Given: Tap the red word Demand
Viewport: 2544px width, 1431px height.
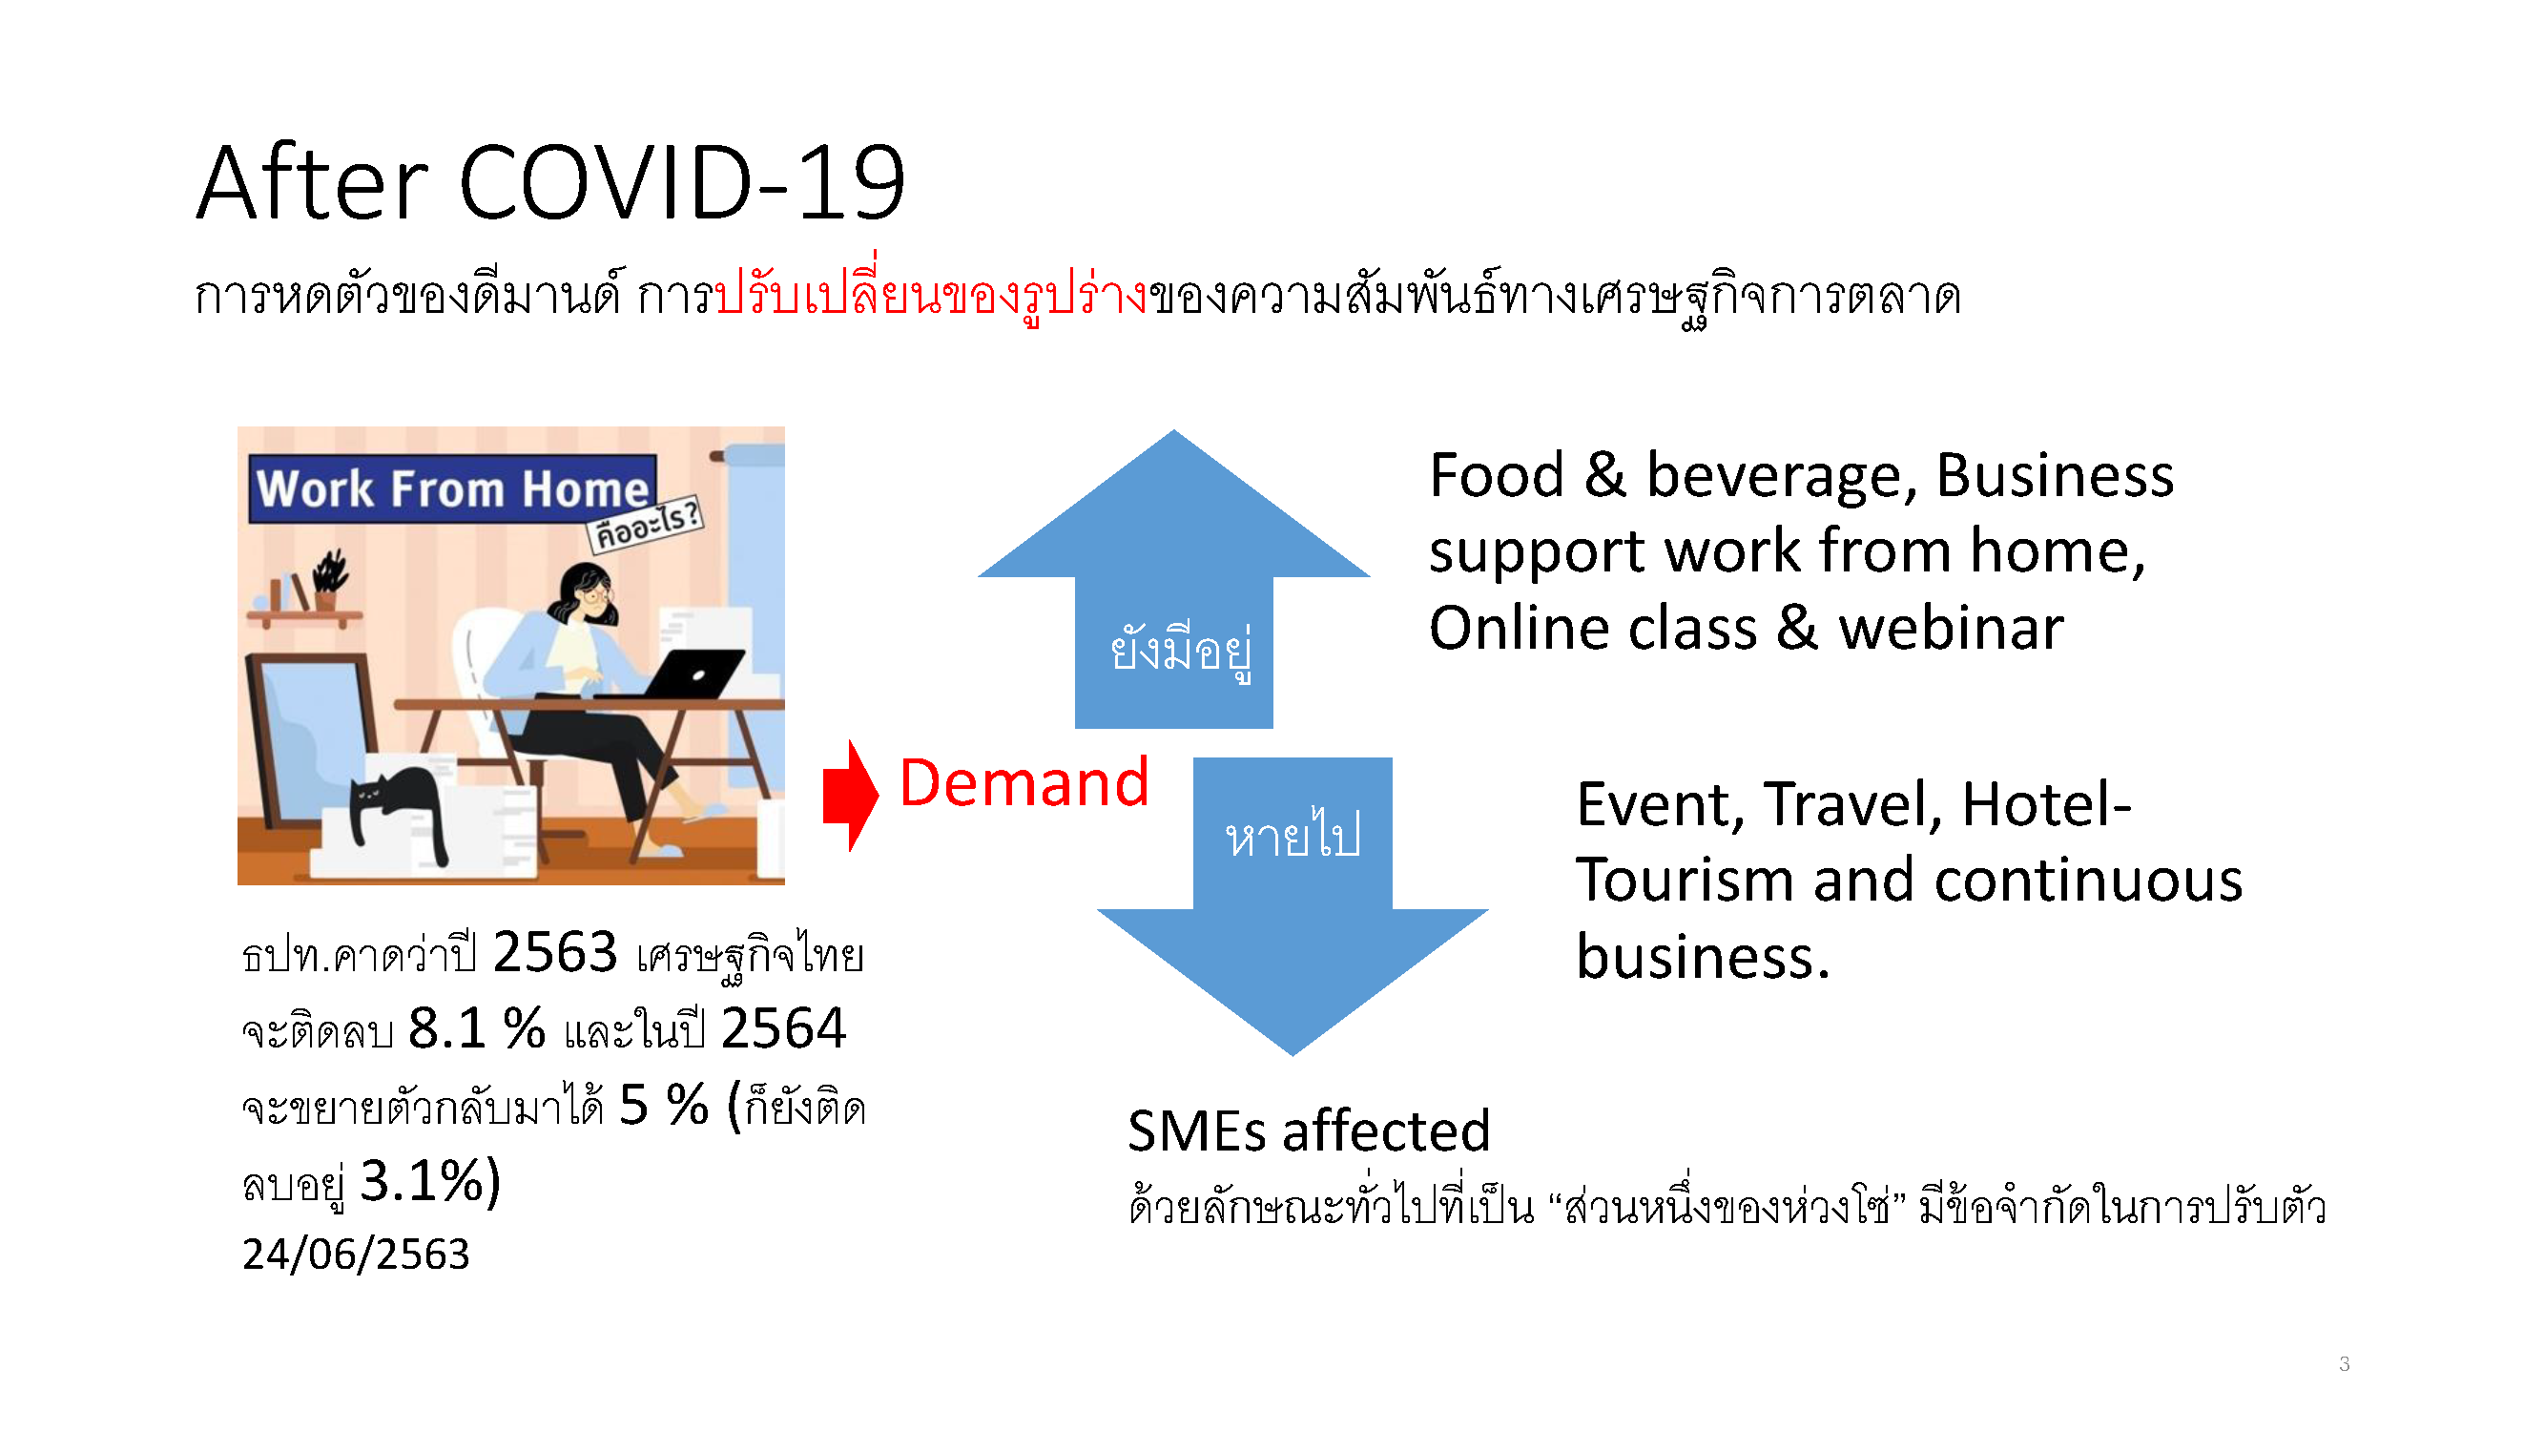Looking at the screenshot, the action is pyautogui.click(x=1024, y=783).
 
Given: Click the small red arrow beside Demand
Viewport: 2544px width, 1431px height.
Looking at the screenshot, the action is pyautogui.click(x=850, y=795).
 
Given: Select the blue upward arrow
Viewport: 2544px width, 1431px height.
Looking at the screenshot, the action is pyautogui.click(x=1173, y=580).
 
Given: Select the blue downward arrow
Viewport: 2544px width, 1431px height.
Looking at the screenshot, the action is pyautogui.click(x=1293, y=905).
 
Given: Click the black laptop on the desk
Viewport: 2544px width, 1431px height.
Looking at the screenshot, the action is pyautogui.click(x=681, y=674).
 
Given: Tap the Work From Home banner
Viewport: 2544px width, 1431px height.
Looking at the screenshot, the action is pyautogui.click(x=453, y=488).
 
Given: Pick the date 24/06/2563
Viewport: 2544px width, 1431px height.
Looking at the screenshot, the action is pyautogui.click(x=356, y=1255).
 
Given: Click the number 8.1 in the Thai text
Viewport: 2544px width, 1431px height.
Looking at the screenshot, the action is pyautogui.click(x=446, y=1028).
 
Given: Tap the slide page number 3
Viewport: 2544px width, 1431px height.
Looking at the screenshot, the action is pyautogui.click(x=2344, y=1364).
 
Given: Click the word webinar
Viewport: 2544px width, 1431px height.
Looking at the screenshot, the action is pyautogui.click(x=1951, y=628).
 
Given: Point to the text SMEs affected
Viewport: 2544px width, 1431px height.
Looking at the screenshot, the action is pyautogui.click(x=1309, y=1130).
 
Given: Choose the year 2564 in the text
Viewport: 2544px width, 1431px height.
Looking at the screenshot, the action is pyautogui.click(x=783, y=1028).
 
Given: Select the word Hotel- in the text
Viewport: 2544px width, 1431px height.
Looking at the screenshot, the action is pyautogui.click(x=2046, y=804).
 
